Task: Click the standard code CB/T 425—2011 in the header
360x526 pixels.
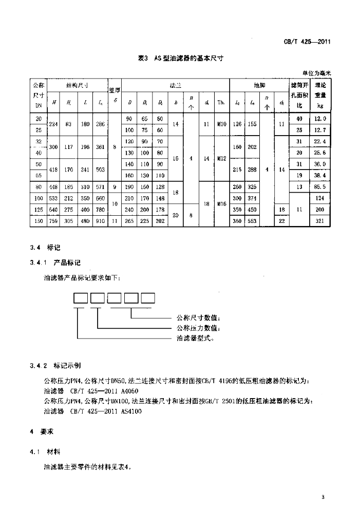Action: tap(306, 42)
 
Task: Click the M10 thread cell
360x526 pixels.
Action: tap(221, 124)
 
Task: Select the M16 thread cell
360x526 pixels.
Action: tap(221, 204)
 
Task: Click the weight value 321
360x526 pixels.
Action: tap(320, 221)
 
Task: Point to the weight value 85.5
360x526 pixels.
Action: tap(320, 187)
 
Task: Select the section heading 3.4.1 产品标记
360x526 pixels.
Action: tap(56, 263)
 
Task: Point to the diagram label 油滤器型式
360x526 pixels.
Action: tap(195, 338)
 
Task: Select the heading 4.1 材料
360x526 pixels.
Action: tap(46, 452)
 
